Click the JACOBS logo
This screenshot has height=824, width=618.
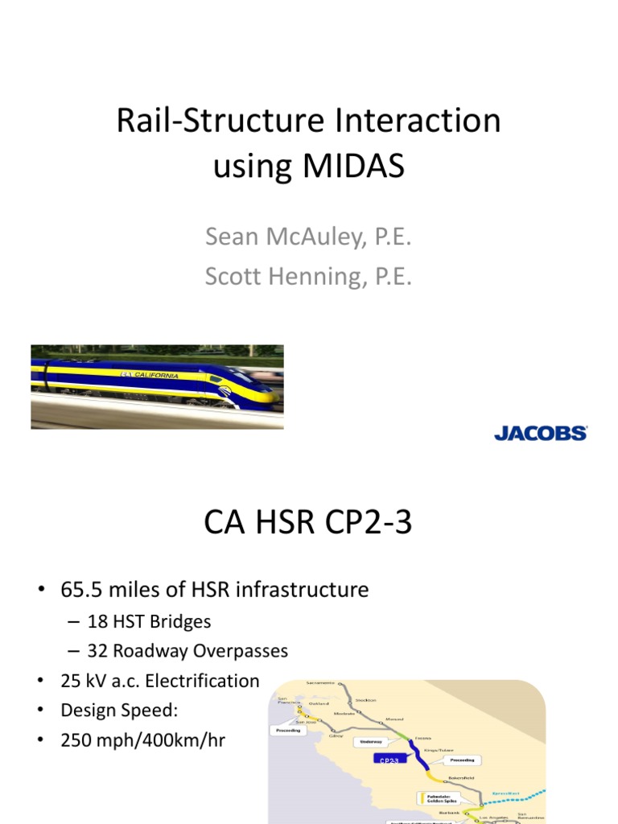[540, 434]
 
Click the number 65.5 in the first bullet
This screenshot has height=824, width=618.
[80, 590]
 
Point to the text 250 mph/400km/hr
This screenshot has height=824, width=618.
[142, 740]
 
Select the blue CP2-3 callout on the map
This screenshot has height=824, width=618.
[389, 758]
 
